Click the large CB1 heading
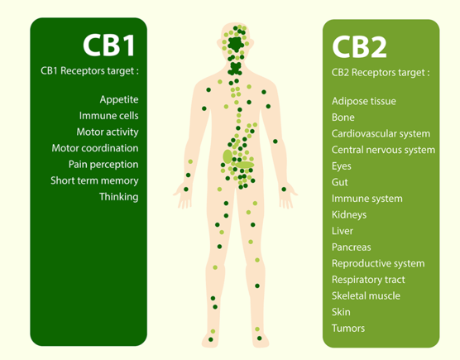[109, 46]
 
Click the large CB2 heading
[359, 47]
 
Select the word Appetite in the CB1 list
[119, 100]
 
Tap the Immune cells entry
[109, 116]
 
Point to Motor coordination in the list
[95, 148]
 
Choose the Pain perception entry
[103, 165]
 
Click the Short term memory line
[94, 180]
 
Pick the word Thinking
[119, 197]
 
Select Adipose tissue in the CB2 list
[364, 102]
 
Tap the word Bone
[343, 118]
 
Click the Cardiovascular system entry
[381, 134]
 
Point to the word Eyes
[342, 166]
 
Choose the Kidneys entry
[349, 215]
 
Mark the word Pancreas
[352, 247]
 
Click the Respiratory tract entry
[368, 280]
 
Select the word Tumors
[348, 329]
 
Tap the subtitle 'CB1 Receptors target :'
[89, 71]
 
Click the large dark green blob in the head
[236, 45]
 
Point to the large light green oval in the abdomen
[228, 156]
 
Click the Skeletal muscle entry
[366, 295]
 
